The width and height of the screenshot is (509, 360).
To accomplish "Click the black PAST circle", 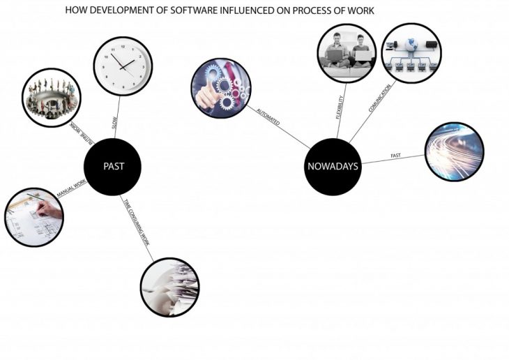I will coord(113,167).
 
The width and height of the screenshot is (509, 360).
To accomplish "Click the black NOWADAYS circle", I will coord(333,167).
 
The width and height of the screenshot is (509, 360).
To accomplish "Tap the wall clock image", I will coord(123,64).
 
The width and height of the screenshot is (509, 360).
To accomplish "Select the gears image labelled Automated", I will coord(221,89).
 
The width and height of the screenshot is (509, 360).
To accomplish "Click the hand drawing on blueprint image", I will coord(34,217).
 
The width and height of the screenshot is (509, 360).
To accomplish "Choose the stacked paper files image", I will coord(169,287).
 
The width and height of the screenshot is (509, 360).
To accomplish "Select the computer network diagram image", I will coord(412,54).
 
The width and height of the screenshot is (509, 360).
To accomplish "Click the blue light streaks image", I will coord(454,152).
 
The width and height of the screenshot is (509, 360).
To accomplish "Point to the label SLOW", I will coord(115,122).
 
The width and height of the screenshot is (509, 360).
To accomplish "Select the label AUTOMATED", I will coord(268,117).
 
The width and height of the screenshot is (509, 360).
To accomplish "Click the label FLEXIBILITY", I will coord(341,105).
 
